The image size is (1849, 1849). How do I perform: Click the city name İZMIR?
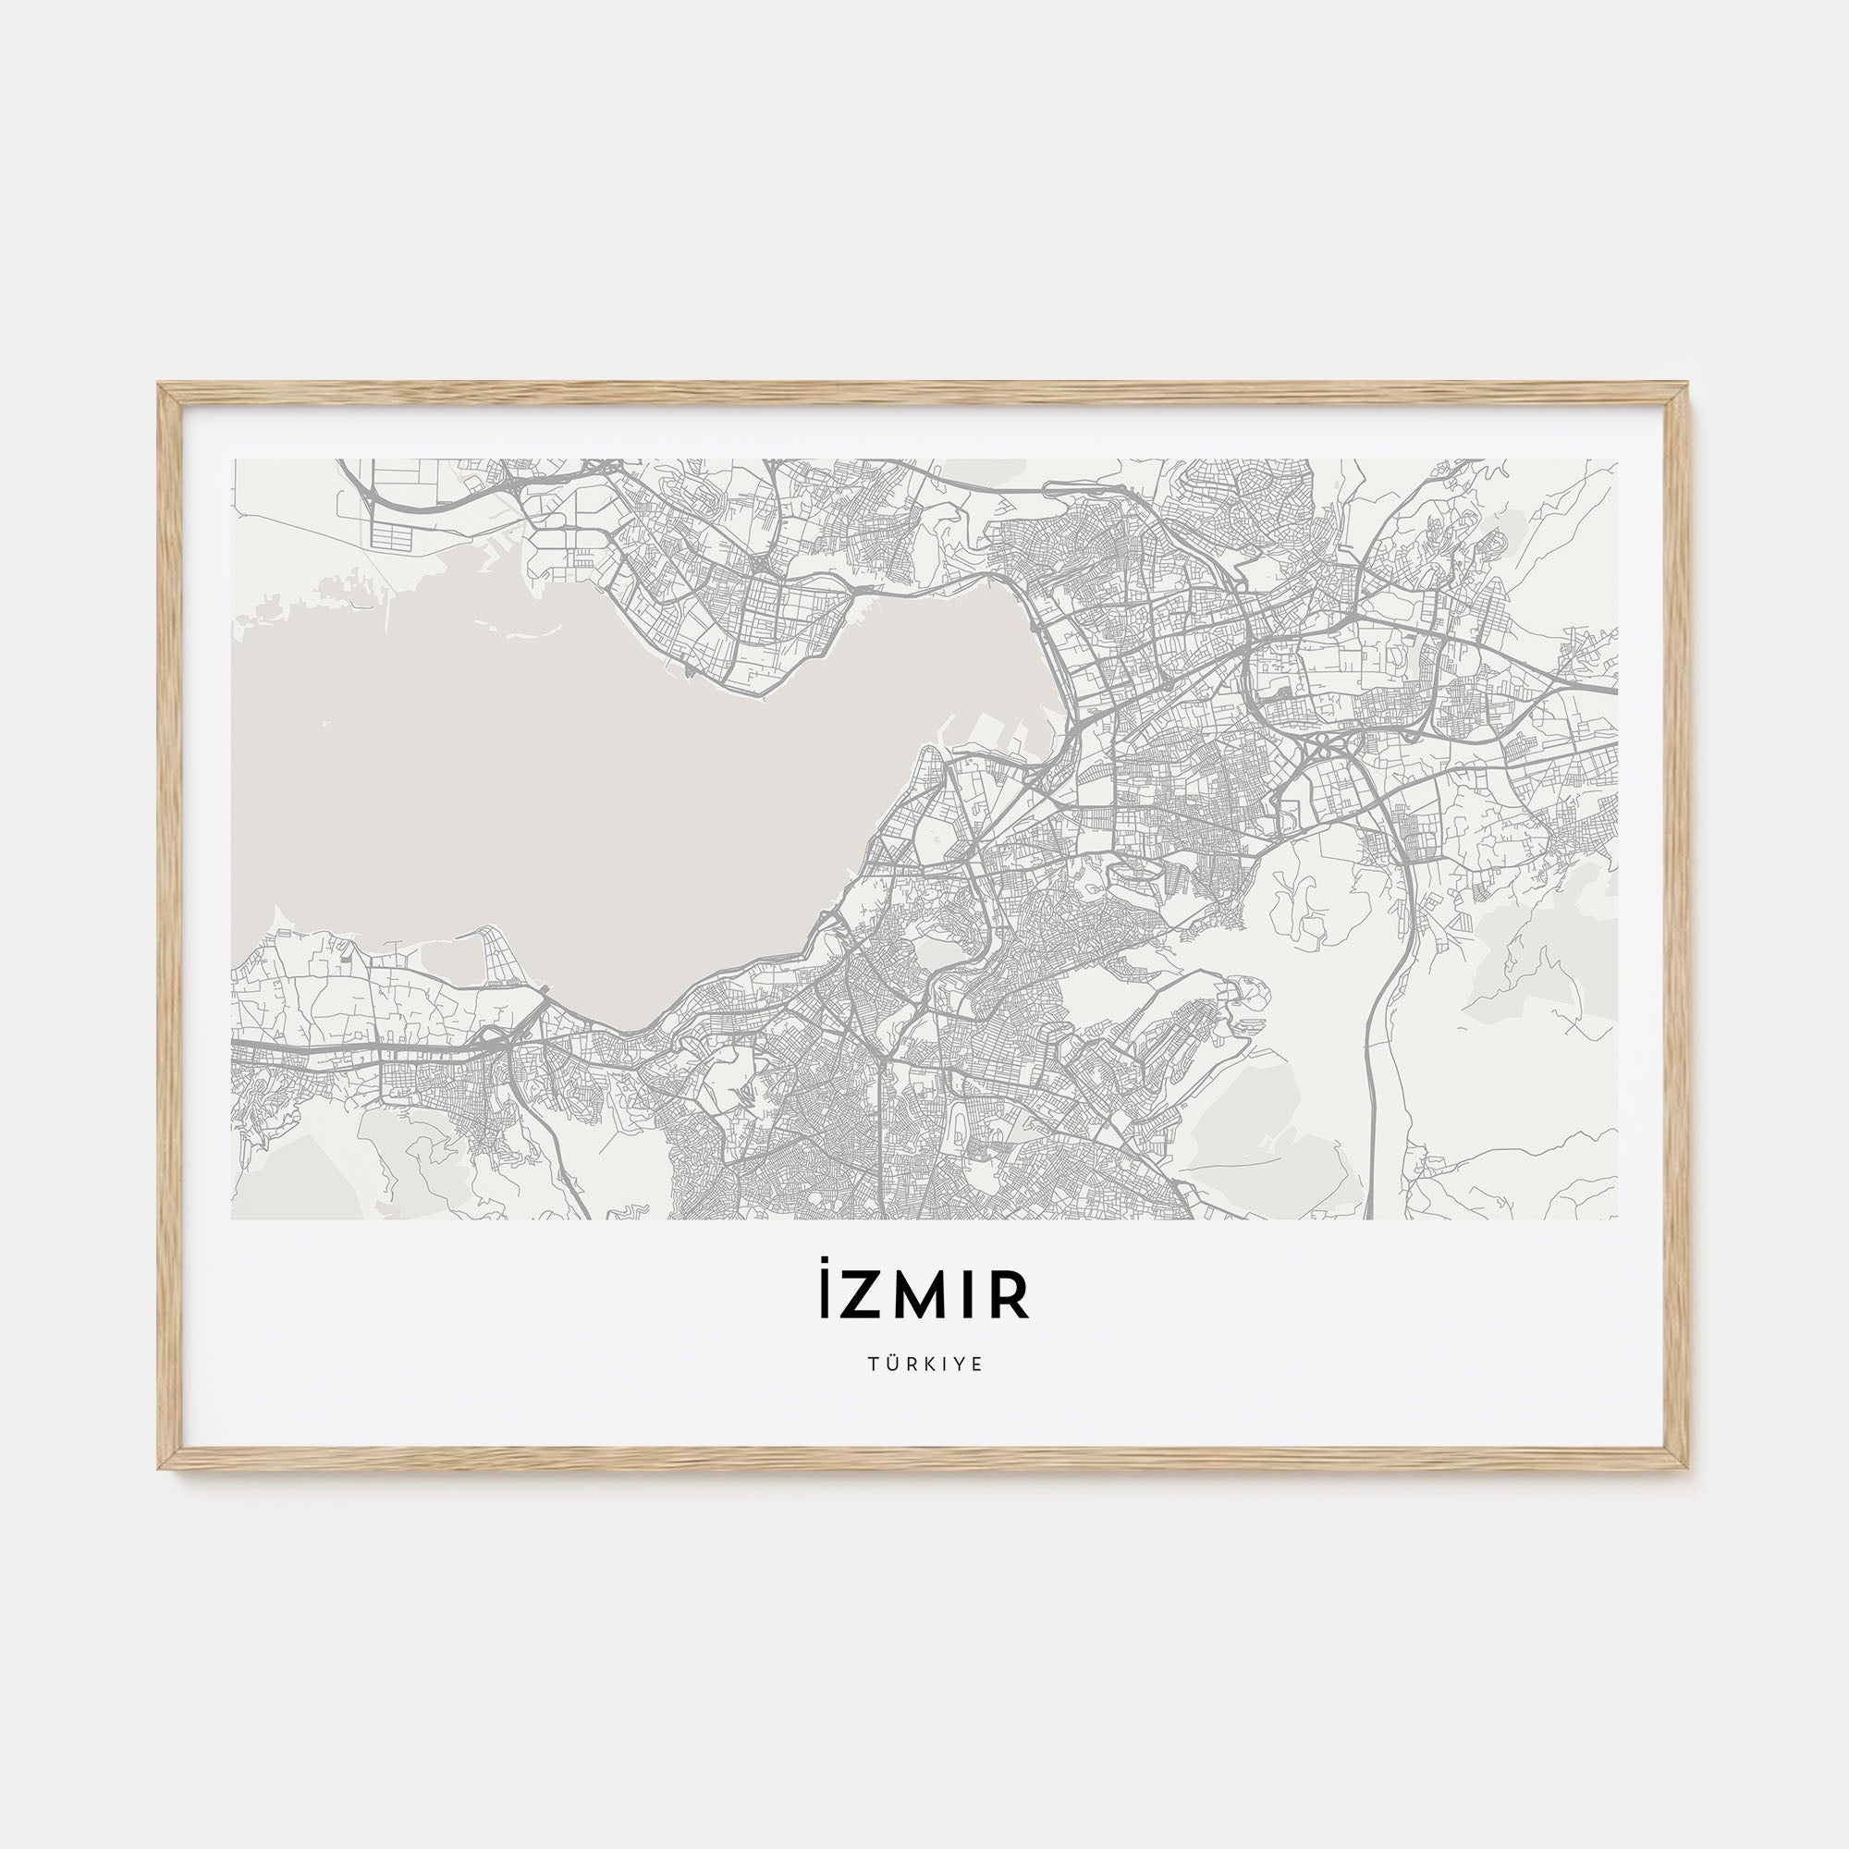924,1296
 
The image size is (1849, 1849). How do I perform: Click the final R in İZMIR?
1011,1298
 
